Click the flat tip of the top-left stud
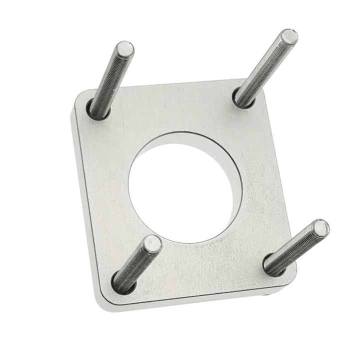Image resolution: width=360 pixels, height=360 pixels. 124,49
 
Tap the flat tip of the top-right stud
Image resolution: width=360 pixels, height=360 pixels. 288,37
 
